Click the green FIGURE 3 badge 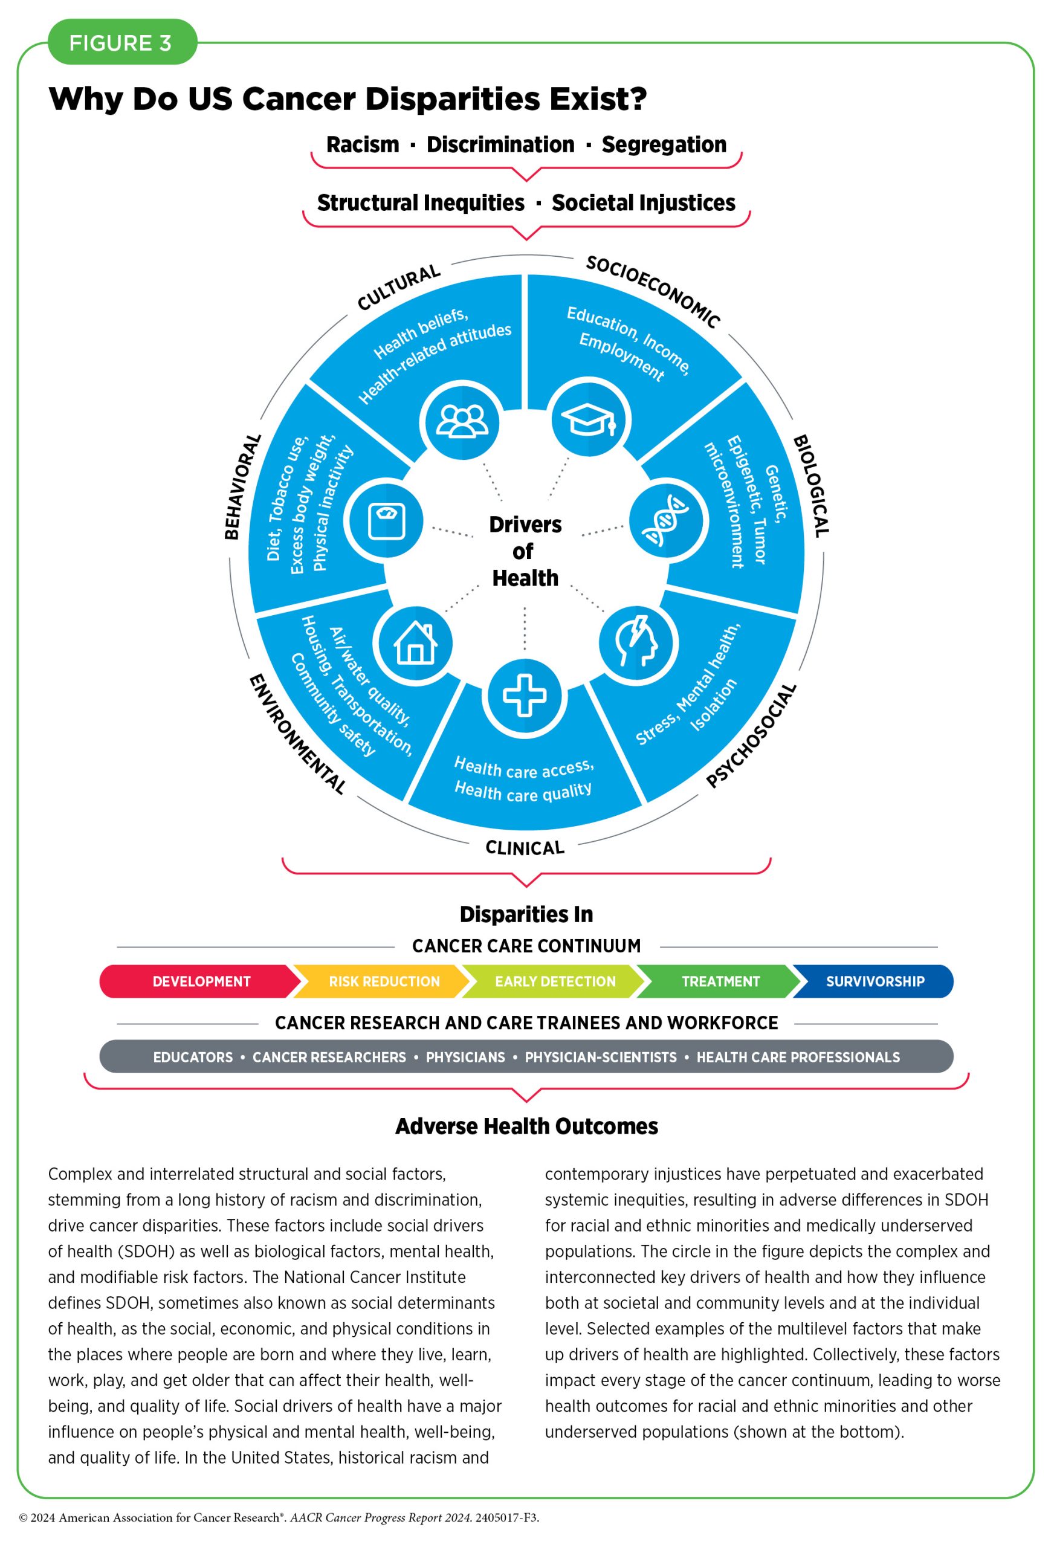[123, 42]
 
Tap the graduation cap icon [589, 419]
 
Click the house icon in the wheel [415, 643]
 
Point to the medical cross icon [525, 696]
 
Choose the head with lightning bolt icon [638, 642]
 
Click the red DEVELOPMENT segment [201, 981]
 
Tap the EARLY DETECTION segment [554, 981]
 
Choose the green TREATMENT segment [719, 981]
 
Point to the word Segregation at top [664, 144]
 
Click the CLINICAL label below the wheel [525, 847]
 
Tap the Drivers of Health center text [525, 551]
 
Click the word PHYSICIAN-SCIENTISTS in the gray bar [601, 1057]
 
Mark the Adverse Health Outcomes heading [526, 1126]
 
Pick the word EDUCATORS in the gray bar [193, 1057]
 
